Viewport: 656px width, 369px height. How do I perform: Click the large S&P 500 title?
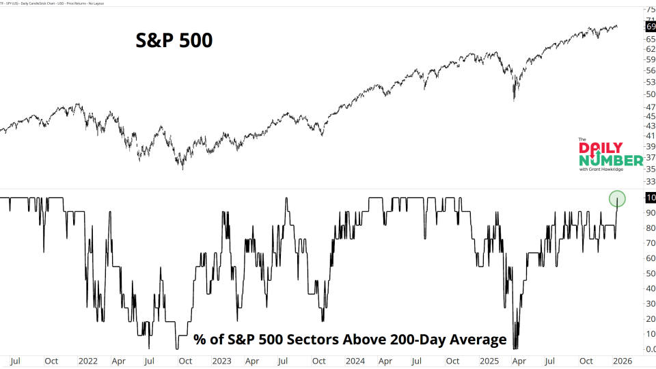[173, 41]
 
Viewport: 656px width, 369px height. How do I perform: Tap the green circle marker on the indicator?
[617, 199]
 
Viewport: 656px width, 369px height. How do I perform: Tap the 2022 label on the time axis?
[87, 360]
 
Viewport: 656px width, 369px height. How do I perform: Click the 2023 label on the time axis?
[221, 360]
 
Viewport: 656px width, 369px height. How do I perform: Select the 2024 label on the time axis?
[355, 360]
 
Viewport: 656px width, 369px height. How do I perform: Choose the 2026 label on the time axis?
[622, 360]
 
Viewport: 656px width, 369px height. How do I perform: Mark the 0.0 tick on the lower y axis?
[651, 349]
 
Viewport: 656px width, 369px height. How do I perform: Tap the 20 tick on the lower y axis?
[651, 319]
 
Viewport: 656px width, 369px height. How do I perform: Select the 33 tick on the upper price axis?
[651, 181]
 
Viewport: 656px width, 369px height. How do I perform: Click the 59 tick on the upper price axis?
[651, 59]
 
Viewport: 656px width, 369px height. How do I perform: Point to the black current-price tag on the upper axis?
[651, 27]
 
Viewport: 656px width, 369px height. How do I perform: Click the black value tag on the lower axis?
[651, 197]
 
